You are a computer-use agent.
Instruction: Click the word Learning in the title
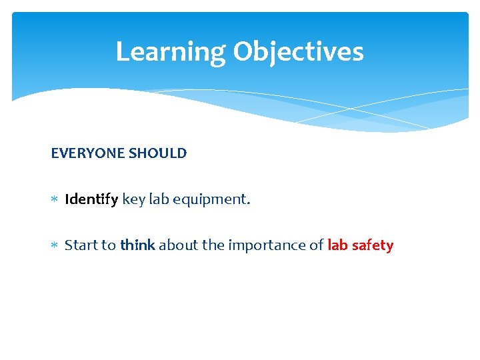click(x=171, y=52)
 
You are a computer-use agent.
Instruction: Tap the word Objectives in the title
click(x=298, y=52)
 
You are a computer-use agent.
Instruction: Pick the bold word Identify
click(x=92, y=199)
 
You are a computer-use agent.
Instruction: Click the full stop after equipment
click(x=249, y=203)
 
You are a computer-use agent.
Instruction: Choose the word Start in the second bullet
click(x=81, y=245)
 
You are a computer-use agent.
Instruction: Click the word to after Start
click(x=109, y=245)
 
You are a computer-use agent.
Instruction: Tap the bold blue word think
click(x=137, y=245)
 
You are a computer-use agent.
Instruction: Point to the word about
click(x=178, y=245)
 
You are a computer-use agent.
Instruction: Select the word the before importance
click(x=213, y=245)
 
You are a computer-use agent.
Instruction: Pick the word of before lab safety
click(x=316, y=245)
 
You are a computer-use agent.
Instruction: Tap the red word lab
click(x=337, y=245)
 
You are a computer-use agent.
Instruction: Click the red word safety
click(x=373, y=245)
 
